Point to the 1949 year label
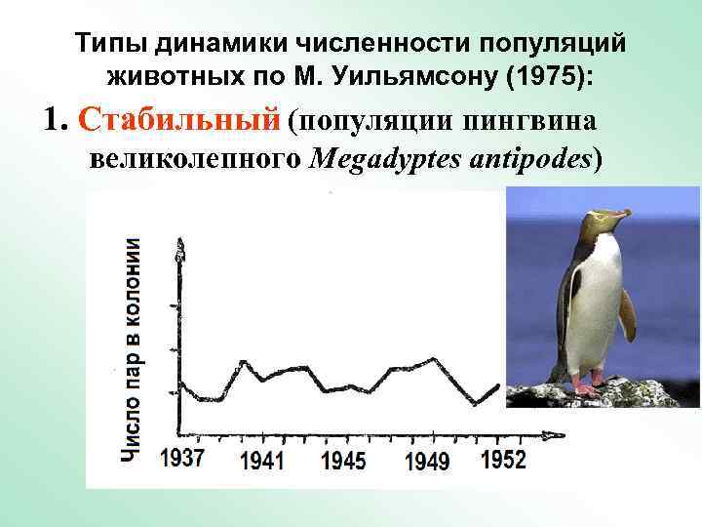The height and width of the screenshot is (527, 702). pos(428,461)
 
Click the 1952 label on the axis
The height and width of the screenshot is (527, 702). pos(502,459)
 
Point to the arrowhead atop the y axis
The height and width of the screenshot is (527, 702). pos(179,247)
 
